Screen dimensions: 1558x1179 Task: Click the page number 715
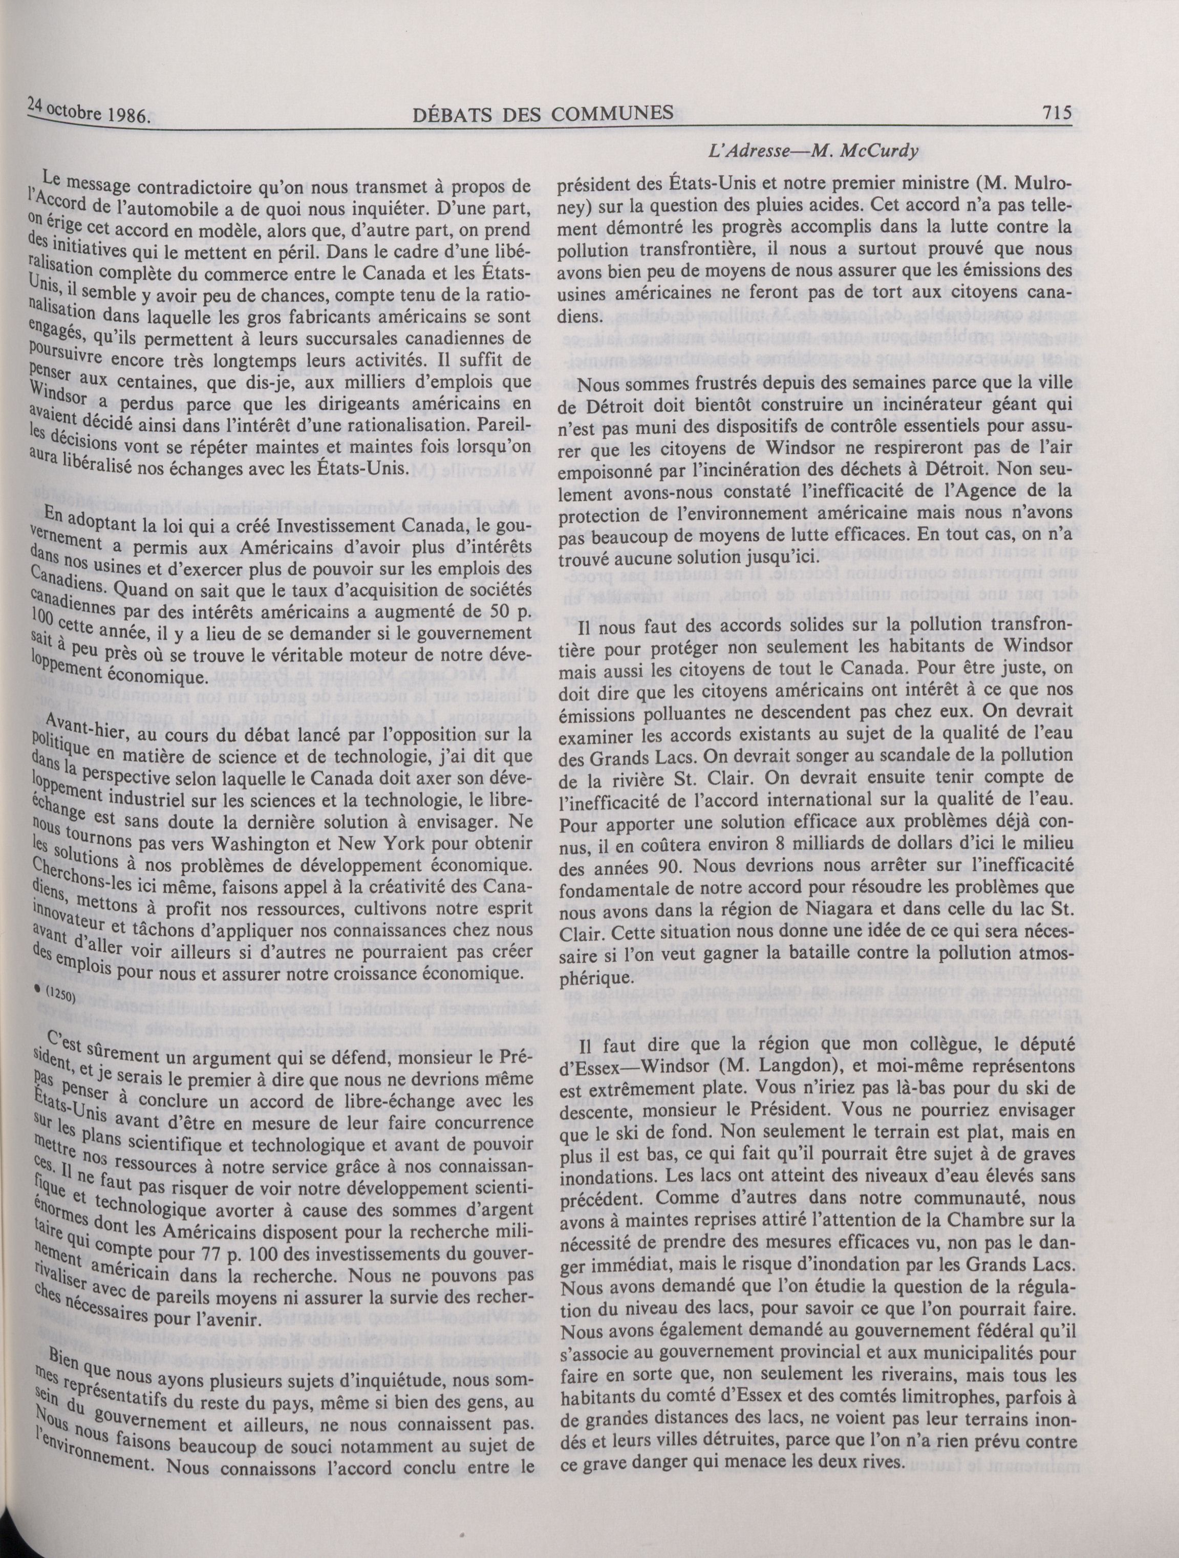[1054, 113]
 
